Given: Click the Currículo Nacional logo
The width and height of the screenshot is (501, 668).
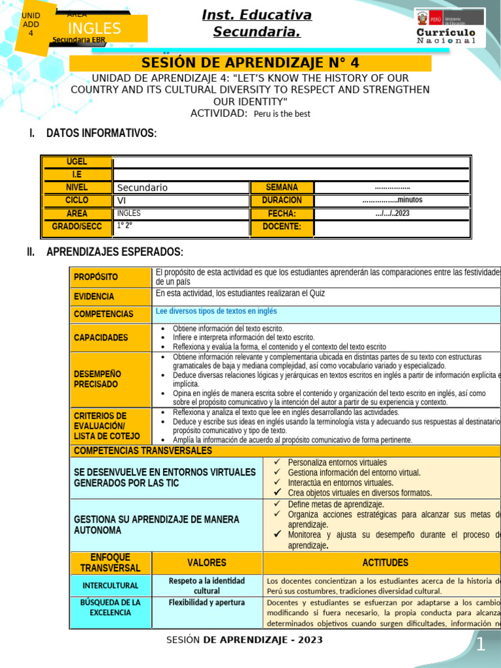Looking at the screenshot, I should (449, 27).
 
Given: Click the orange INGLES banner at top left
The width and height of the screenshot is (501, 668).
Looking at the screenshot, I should (95, 28).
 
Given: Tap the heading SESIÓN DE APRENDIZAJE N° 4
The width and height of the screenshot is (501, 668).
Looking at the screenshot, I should (250, 63).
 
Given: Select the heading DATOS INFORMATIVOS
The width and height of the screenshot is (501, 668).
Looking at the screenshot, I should (101, 133).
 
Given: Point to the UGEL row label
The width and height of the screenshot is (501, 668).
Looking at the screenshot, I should (76, 162).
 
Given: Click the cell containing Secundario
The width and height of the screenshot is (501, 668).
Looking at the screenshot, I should (181, 188).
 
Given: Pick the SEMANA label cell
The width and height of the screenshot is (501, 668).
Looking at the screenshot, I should (282, 188).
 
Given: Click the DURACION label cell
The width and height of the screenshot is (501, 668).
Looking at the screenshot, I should (282, 200).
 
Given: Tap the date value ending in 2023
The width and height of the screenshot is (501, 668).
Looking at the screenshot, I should (392, 213).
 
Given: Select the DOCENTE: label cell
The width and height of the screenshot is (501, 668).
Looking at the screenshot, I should (282, 227).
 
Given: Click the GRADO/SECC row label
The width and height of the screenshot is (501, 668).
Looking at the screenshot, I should (76, 227).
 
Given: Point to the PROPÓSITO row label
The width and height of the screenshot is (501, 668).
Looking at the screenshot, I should (96, 277).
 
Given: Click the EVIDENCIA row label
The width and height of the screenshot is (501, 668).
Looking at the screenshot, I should (94, 296).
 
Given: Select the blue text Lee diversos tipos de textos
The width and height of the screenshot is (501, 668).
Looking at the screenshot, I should (217, 311).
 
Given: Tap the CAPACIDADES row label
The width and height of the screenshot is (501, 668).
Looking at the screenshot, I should (101, 337).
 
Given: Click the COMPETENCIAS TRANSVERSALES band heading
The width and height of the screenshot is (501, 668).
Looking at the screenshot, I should (143, 451).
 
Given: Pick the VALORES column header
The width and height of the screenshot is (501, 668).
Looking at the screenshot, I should (207, 562).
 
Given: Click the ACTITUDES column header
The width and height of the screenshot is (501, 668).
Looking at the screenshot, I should (385, 562).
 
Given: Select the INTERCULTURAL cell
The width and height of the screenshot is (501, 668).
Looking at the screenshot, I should (110, 586).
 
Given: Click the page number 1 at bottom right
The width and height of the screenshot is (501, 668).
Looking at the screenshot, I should (481, 645).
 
